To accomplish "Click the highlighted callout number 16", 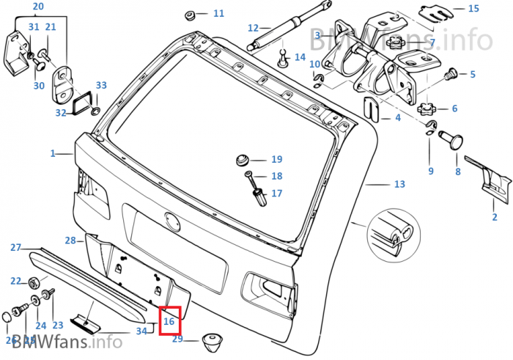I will coord(169,321).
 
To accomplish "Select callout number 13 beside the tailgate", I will coord(399,184).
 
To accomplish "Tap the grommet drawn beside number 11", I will coord(190,14).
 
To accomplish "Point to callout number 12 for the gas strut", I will coord(254,29).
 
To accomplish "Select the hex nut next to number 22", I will coord(34,282).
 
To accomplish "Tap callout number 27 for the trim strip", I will coord(15,248).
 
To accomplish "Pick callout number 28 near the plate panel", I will coord(70,240).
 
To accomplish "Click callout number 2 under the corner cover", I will coord(494,218).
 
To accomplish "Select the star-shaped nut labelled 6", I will coord(427,109).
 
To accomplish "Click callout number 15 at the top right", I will coord(473,9).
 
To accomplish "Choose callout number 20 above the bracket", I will coord(39,7).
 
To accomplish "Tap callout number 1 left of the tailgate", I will coord(53,154).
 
